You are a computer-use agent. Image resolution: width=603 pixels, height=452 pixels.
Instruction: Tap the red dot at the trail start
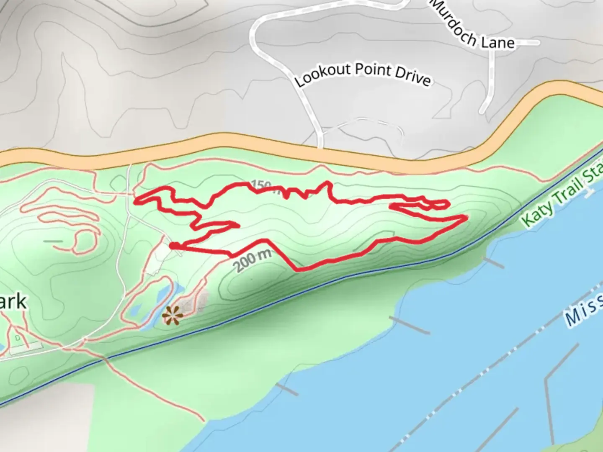click(172, 246)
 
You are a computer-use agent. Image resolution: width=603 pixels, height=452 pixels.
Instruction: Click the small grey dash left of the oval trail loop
click(53, 241)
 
